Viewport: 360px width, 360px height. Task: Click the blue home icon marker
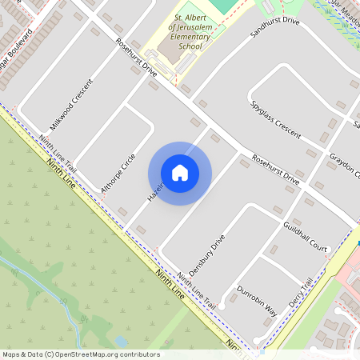coord(180,173)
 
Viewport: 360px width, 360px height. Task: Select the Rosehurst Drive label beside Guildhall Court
coord(274,170)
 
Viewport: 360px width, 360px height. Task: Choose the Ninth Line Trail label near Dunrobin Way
coord(197,290)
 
